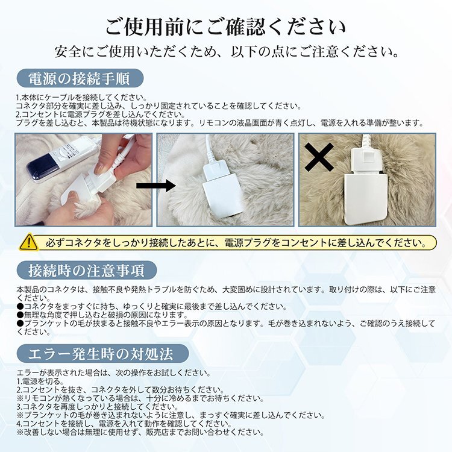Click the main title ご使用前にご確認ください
[226, 27]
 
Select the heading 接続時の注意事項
[84, 269]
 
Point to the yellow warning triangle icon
[28, 242]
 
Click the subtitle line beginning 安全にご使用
[226, 51]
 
